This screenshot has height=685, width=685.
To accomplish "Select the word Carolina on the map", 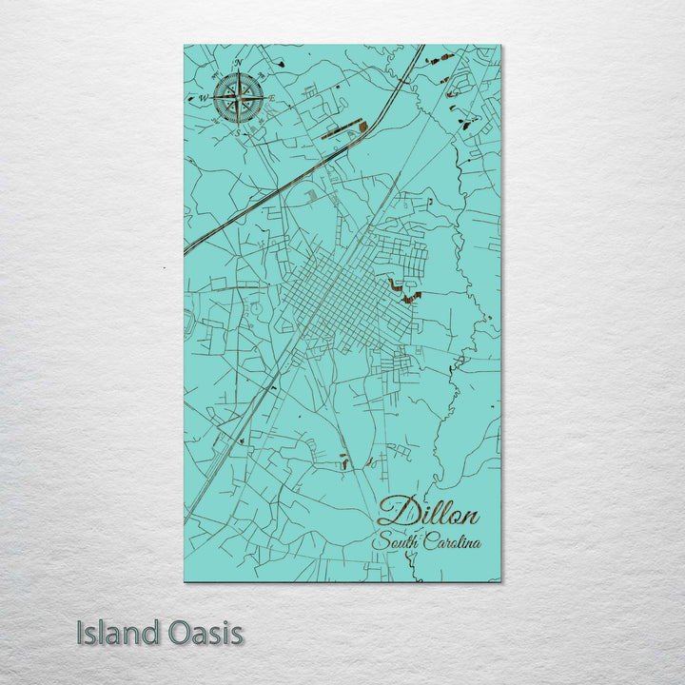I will (451, 543).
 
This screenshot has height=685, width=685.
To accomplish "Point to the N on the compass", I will (238, 64).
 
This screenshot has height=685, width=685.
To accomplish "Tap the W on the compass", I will (203, 97).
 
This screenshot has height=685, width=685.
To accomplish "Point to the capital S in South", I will (380, 543).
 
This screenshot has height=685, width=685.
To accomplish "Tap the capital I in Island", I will (80, 633).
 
